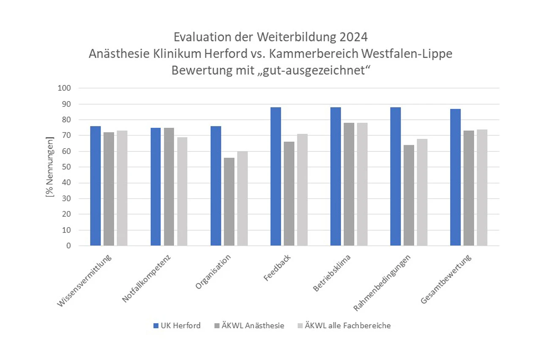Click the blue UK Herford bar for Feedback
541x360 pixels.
click(276, 176)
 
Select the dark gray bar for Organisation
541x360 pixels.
click(229, 201)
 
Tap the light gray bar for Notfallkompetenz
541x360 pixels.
click(182, 191)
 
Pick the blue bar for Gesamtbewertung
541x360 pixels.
click(455, 177)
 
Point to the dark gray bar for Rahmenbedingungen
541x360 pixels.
click(409, 195)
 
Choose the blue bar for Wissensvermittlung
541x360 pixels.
click(96, 186)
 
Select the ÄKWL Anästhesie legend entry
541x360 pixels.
click(249, 325)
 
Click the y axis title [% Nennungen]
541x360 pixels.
click(50, 167)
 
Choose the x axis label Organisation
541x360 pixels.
click(213, 272)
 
